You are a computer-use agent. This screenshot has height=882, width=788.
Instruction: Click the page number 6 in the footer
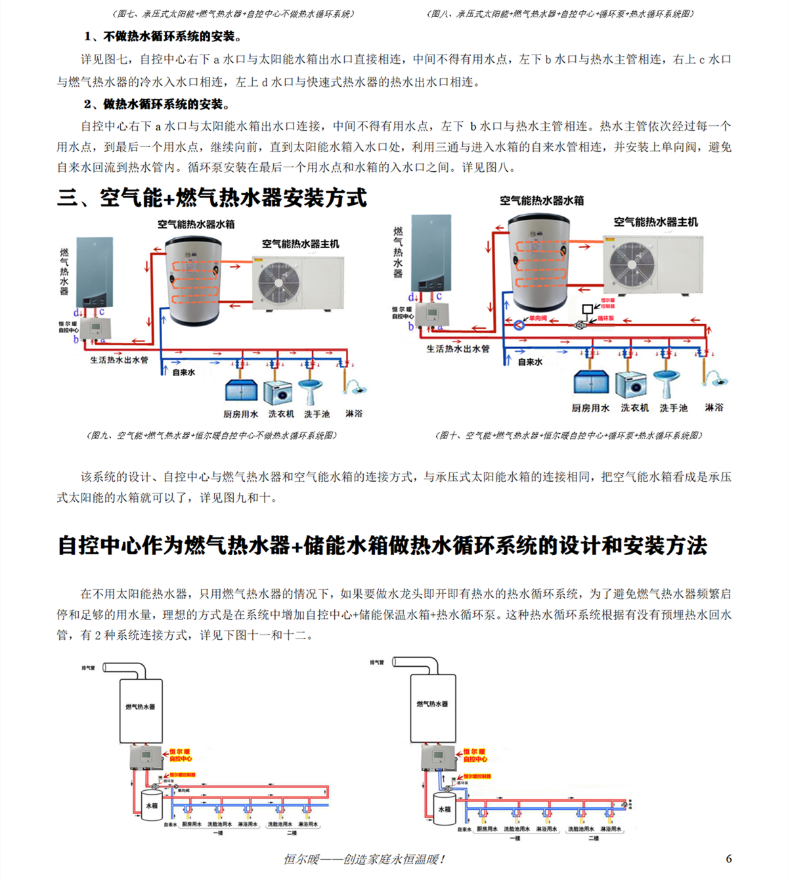point(729,858)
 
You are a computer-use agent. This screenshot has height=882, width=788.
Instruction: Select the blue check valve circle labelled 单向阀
point(518,324)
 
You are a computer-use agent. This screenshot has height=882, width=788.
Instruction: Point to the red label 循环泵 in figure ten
point(605,318)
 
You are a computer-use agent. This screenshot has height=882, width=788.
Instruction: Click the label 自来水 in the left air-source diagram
point(183,372)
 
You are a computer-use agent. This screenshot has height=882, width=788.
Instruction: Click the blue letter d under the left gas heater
point(77,313)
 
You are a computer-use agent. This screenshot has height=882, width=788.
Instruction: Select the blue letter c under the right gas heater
point(439,296)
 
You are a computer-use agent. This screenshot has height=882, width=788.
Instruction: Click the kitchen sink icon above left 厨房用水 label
point(241,391)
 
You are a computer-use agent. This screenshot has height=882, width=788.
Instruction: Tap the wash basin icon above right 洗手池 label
point(667,382)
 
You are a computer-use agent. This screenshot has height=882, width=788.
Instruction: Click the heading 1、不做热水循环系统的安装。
point(164,36)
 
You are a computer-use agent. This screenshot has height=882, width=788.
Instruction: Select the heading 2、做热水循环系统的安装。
point(157,104)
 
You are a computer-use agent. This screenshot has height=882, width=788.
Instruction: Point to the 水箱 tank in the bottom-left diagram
point(152,805)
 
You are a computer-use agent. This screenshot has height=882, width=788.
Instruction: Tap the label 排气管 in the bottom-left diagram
point(89,667)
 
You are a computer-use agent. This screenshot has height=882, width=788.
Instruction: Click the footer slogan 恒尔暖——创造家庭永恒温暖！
point(365,859)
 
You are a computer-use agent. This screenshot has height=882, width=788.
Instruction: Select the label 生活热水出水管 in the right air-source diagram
point(458,348)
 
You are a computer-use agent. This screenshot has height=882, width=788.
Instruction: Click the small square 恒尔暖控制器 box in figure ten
point(588,308)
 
